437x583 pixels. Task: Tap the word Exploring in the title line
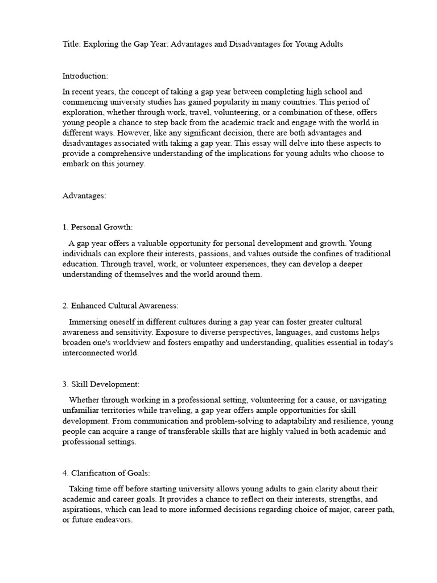coord(100,44)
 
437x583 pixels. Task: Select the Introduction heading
coord(85,76)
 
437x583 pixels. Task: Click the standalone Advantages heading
coord(84,195)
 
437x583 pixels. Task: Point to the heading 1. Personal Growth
coord(97,227)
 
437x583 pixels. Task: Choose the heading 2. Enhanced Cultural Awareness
coord(121,306)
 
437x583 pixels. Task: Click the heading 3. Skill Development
coord(101,384)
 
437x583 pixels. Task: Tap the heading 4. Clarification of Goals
coord(106,473)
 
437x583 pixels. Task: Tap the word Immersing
coord(88,322)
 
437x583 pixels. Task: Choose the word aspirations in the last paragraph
coord(82,510)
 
